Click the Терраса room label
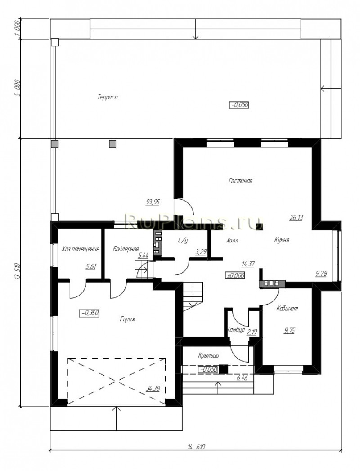click(x=107, y=97)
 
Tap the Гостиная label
click(x=240, y=181)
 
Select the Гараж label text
click(x=128, y=319)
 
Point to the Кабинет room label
click(x=287, y=308)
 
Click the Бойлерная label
click(x=126, y=249)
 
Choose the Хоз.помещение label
click(x=80, y=249)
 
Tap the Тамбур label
click(x=236, y=330)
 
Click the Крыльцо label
click(x=208, y=355)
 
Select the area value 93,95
click(x=153, y=202)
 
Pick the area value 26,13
click(x=296, y=217)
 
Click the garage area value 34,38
click(x=153, y=388)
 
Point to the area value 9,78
click(x=321, y=274)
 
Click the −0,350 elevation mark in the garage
click(x=89, y=313)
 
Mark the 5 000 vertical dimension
click(x=17, y=88)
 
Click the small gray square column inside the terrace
click(x=112, y=144)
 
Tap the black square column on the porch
click(x=223, y=369)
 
